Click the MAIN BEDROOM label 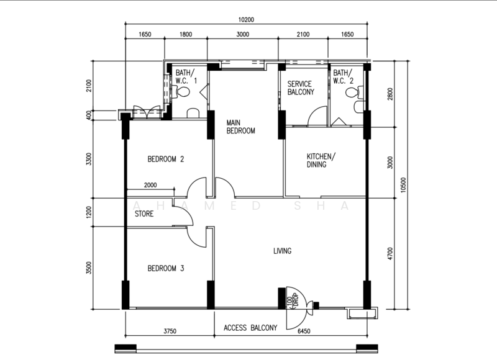point(240,127)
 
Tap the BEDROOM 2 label point(166,159)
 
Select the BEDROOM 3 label point(166,269)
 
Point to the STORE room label point(144,214)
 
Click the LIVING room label point(283,251)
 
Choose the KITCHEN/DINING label point(321,160)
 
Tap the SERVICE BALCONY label point(301,88)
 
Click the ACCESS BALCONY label point(250,328)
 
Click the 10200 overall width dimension point(246,20)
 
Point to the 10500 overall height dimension point(403,184)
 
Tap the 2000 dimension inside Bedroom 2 point(150,185)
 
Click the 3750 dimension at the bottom point(170,331)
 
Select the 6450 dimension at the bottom point(304,331)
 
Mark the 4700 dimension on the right point(390,254)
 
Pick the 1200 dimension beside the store point(89,212)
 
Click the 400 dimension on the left point(89,115)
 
